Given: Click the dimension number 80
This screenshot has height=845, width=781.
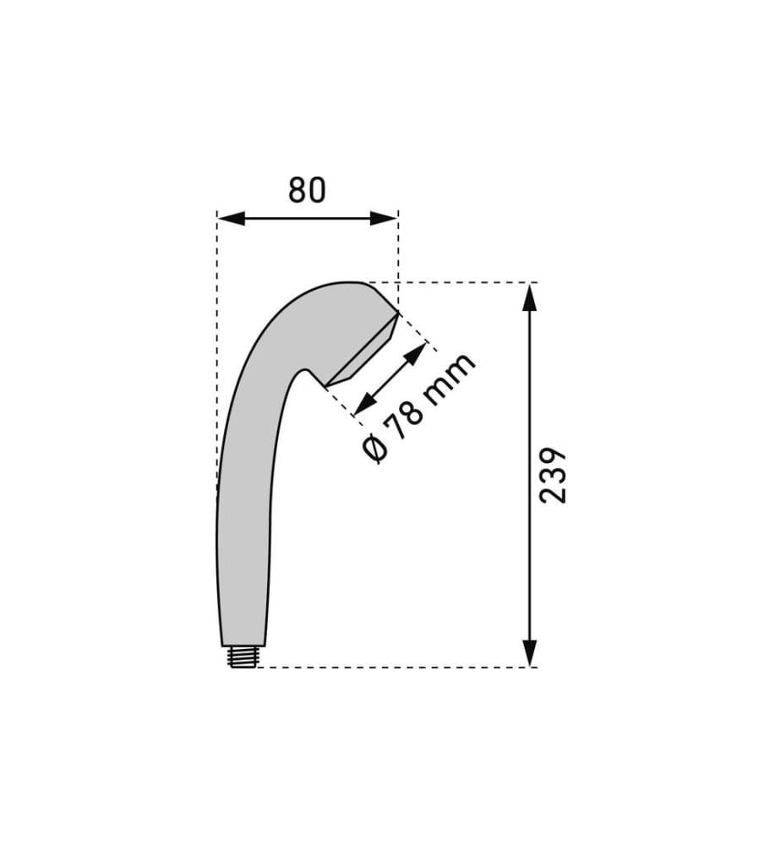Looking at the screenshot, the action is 307,190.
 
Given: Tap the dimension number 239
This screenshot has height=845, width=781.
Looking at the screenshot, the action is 553,475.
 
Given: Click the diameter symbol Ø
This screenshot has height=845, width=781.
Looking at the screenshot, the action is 374,450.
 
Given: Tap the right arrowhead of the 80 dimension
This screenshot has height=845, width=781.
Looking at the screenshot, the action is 384,218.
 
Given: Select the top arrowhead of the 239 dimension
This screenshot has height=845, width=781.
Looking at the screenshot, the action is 530,297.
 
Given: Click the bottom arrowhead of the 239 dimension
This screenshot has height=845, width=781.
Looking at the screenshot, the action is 530,653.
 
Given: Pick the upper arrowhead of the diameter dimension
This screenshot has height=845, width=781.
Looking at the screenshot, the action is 416,355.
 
